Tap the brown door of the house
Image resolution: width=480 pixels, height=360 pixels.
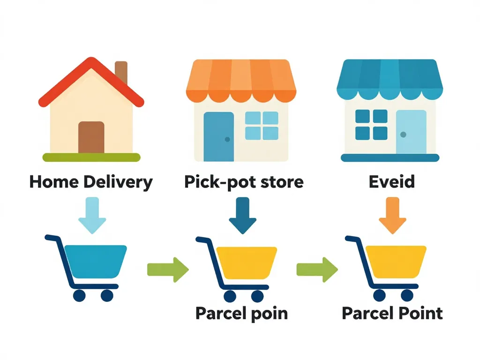(x=91, y=137)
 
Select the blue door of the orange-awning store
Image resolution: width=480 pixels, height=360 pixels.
(x=218, y=136)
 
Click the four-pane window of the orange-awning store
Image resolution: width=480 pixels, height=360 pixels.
(x=262, y=126)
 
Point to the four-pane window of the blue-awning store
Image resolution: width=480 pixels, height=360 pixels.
(x=371, y=125)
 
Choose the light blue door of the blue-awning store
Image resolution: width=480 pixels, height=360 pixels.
(x=411, y=132)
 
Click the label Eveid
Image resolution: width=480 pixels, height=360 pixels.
(x=391, y=182)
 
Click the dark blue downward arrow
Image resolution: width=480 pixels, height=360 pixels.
(x=242, y=215)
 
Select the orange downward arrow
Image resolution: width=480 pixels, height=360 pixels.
(x=392, y=215)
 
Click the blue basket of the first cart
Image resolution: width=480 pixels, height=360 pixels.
(x=95, y=262)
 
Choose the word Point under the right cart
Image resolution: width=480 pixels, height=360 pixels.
(x=418, y=313)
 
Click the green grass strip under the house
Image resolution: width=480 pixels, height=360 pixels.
(x=91, y=157)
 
